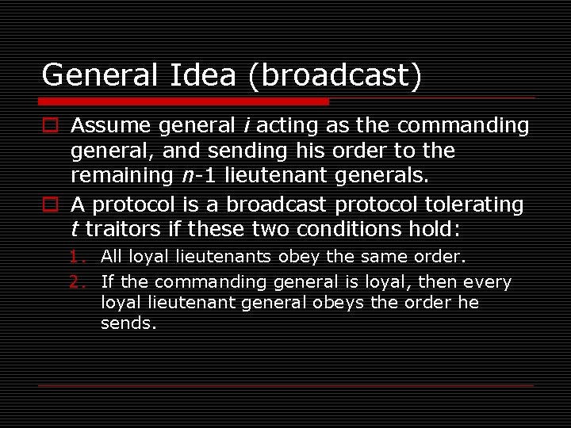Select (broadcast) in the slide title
[x=334, y=75]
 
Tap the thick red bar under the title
[x=183, y=101]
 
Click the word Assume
[x=110, y=125]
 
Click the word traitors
[x=120, y=230]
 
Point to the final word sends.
[x=127, y=323]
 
